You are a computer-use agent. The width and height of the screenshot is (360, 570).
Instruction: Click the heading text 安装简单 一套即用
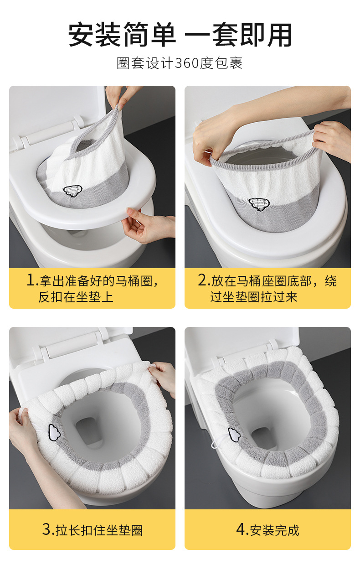point(180,36)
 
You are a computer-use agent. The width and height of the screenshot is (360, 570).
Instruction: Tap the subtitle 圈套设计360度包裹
point(180,63)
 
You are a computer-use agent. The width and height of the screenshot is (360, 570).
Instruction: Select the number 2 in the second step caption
point(203,280)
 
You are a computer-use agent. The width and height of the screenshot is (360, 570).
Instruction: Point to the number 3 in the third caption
point(47,529)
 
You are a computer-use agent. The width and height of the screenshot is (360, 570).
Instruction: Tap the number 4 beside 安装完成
point(242,529)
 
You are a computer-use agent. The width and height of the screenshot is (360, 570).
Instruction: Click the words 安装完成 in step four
point(274,530)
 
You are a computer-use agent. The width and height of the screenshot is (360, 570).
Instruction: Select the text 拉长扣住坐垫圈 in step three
point(99,530)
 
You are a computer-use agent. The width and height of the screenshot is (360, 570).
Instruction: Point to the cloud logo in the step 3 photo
point(54,431)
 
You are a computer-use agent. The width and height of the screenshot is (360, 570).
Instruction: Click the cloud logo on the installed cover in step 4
point(234,435)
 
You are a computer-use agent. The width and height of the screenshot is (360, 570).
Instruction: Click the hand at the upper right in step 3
point(163,376)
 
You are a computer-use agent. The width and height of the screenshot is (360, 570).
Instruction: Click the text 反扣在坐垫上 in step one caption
point(76,297)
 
